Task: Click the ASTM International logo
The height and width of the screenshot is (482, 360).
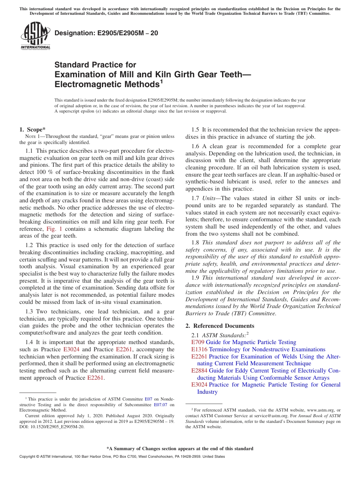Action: (x=35, y=36)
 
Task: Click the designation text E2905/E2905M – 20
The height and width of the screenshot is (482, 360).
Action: (x=106, y=33)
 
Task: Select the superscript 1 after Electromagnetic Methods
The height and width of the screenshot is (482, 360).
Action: (x=161, y=81)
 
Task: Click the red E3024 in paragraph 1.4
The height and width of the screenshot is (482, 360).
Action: (x=71, y=349)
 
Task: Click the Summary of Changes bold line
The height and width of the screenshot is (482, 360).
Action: (x=180, y=449)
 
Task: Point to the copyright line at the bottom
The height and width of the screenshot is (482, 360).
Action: (x=122, y=457)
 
